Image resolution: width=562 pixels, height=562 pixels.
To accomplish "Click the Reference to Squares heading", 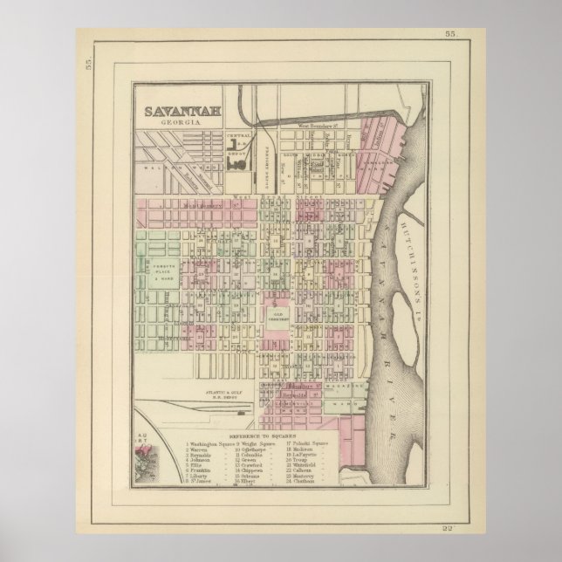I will (262, 434).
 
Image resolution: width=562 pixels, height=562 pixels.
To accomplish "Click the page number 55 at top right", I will (449, 33).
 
